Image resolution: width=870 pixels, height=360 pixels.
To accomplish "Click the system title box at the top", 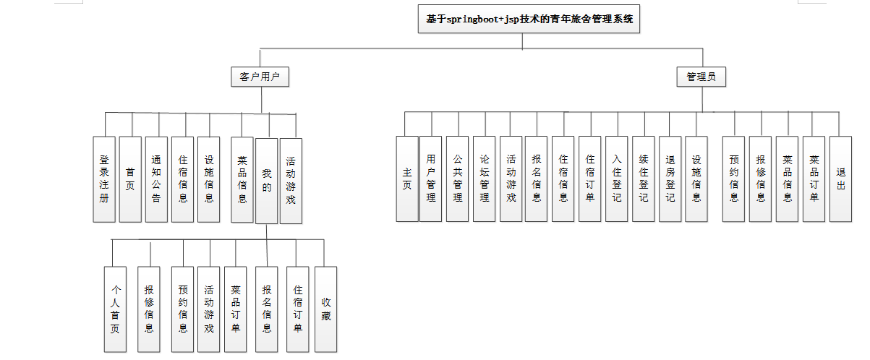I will click(x=529, y=20).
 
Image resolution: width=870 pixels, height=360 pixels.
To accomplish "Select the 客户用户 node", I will click(x=260, y=77).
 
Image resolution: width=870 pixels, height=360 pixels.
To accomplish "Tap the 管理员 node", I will click(x=701, y=77).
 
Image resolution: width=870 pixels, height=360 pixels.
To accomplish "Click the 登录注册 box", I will click(x=104, y=179).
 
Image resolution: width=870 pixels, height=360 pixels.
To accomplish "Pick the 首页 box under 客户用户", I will click(x=130, y=179).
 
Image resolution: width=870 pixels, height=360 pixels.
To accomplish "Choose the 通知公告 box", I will click(x=156, y=179).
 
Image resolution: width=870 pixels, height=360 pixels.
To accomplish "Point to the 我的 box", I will click(x=267, y=180).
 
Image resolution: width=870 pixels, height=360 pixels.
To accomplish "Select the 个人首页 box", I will click(x=115, y=309).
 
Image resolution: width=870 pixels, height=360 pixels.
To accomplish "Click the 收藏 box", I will click(x=326, y=309).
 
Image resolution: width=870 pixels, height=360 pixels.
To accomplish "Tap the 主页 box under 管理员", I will click(x=407, y=179).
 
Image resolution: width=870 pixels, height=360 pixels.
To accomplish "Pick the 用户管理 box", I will click(x=431, y=179).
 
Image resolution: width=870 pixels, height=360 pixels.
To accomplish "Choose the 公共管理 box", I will click(x=458, y=179).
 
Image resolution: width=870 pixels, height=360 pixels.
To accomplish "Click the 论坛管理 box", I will click(x=485, y=179).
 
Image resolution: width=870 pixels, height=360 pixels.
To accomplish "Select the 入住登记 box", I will click(x=617, y=179).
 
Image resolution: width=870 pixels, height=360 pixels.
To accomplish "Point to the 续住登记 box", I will click(x=644, y=179).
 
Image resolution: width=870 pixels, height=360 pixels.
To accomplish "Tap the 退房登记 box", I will click(x=670, y=179).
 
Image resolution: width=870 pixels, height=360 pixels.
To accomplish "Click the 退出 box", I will click(x=840, y=179).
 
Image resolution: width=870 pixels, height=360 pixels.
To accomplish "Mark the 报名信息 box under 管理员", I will click(x=537, y=179).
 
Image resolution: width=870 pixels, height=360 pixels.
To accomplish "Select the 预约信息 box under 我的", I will click(x=183, y=309).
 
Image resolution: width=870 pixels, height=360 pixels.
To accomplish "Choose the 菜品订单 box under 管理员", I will click(x=814, y=179).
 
